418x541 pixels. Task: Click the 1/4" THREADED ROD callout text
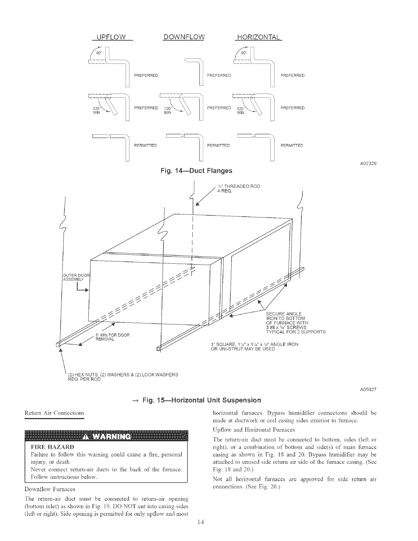pyautogui.click(x=238, y=189)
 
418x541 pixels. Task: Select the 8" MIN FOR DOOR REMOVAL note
pyautogui.click(x=112, y=337)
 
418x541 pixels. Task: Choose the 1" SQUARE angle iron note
pyautogui.click(x=255, y=347)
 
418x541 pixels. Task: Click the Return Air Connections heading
pyautogui.click(x=55, y=413)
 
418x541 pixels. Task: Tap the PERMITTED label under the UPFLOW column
pyautogui.click(x=145, y=145)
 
